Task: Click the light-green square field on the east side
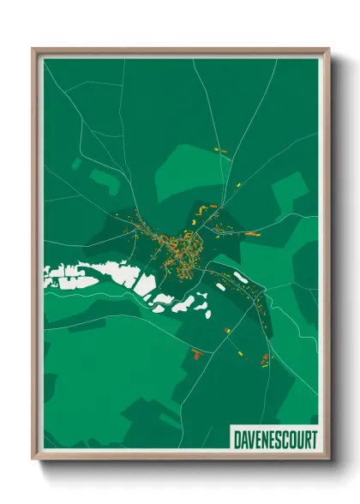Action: click(x=289, y=188)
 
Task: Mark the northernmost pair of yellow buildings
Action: click(x=218, y=151)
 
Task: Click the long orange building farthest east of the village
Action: click(x=252, y=233)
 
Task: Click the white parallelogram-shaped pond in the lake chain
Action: click(x=146, y=285)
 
